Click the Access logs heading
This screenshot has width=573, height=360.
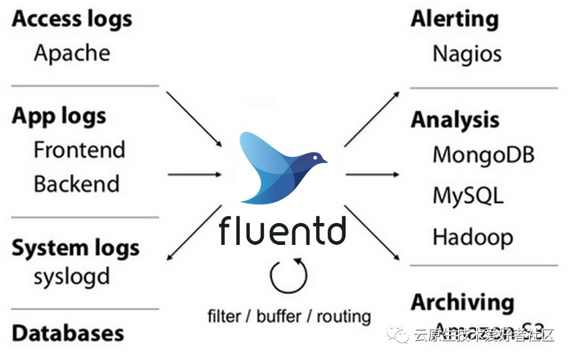[x=72, y=19]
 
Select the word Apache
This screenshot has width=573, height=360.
[x=72, y=53]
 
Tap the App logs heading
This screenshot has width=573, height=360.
[x=59, y=116]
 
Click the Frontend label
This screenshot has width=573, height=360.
[x=79, y=150]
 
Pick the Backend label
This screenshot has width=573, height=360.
[x=76, y=184]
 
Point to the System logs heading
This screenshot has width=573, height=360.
[x=75, y=248]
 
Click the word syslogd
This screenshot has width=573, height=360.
[x=72, y=277]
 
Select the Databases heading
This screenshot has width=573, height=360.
[x=68, y=333]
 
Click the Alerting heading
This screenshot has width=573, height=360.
[x=455, y=19]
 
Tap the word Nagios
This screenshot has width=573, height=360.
[x=467, y=53]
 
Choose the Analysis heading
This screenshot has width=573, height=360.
[x=455, y=120]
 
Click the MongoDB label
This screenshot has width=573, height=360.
[x=483, y=155]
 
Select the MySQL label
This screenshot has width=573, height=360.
[x=468, y=195]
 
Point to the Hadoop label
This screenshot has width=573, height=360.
[x=473, y=237]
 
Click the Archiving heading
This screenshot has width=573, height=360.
[x=463, y=302]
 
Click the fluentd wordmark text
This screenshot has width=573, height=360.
[x=282, y=231]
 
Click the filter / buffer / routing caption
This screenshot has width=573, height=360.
[x=289, y=316]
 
